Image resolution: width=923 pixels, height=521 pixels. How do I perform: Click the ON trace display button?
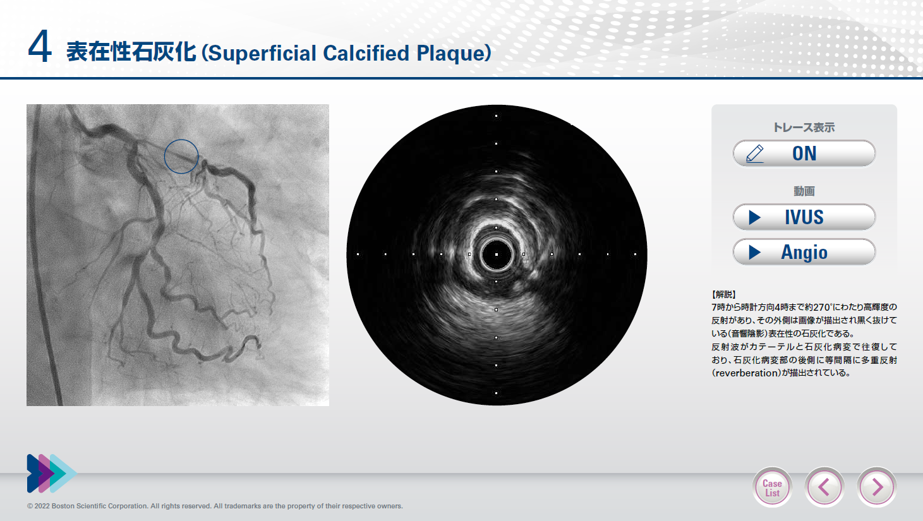tap(804, 153)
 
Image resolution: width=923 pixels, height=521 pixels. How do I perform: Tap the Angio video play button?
tap(804, 252)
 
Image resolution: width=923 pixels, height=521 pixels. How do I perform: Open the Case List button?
tap(772, 488)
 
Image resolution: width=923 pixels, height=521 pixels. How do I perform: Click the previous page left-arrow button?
tap(824, 488)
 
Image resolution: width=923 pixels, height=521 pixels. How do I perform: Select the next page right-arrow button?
tap(876, 488)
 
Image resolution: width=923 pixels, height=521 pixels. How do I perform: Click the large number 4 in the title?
tap(40, 47)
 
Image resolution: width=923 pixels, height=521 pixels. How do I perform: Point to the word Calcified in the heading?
tap(366, 53)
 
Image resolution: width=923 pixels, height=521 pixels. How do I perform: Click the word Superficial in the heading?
tap(262, 53)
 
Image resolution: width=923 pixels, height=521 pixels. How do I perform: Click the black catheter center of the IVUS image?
tap(497, 255)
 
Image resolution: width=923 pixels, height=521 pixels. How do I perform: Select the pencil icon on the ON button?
tap(755, 154)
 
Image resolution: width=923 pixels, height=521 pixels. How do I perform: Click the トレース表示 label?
tap(804, 128)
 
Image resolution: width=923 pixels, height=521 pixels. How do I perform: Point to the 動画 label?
tap(804, 191)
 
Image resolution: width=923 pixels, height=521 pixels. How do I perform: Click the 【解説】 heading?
tap(723, 294)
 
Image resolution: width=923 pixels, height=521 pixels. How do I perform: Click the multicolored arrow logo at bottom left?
tap(52, 474)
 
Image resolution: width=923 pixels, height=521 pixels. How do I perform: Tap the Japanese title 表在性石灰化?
tap(131, 52)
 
